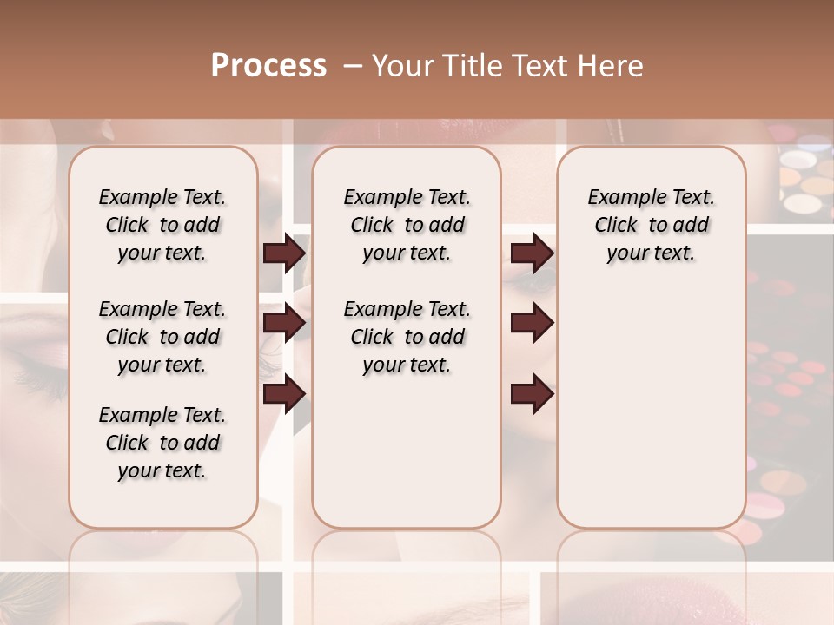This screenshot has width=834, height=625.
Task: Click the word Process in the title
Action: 268,65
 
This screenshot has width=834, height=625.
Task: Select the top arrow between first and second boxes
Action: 284,253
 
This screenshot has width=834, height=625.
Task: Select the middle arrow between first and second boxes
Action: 284,324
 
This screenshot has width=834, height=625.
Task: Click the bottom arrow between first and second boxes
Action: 284,394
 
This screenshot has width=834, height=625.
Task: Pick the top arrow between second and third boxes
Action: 532,253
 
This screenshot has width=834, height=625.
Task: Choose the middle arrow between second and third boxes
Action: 532,324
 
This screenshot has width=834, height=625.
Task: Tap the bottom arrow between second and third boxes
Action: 532,394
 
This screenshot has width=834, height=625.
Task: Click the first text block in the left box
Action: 162,225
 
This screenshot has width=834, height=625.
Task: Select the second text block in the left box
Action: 162,337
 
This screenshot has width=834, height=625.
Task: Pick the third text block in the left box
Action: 162,443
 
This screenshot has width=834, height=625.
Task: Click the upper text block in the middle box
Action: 407,225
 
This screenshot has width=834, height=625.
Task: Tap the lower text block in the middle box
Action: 407,337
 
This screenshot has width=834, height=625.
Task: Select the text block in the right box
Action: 651,225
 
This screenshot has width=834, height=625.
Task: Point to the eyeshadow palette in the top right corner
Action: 804,178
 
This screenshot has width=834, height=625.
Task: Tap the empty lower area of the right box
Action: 651,417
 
